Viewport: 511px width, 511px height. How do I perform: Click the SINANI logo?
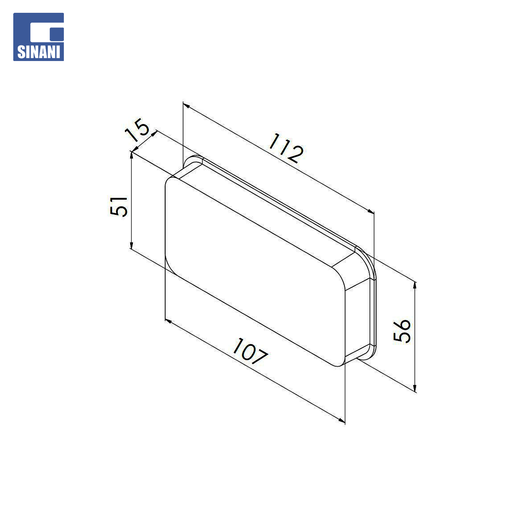(38, 37)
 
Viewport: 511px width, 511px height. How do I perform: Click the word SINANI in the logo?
(38, 52)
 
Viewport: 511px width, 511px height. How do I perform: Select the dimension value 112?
(286, 148)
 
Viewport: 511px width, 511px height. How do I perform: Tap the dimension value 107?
(250, 352)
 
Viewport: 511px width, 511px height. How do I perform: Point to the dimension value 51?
(119, 206)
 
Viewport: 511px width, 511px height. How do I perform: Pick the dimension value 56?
(402, 330)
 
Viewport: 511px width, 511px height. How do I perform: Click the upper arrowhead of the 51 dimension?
(132, 155)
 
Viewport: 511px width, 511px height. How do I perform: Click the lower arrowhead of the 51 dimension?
(132, 245)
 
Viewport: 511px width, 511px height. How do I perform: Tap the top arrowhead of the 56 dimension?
(415, 285)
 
